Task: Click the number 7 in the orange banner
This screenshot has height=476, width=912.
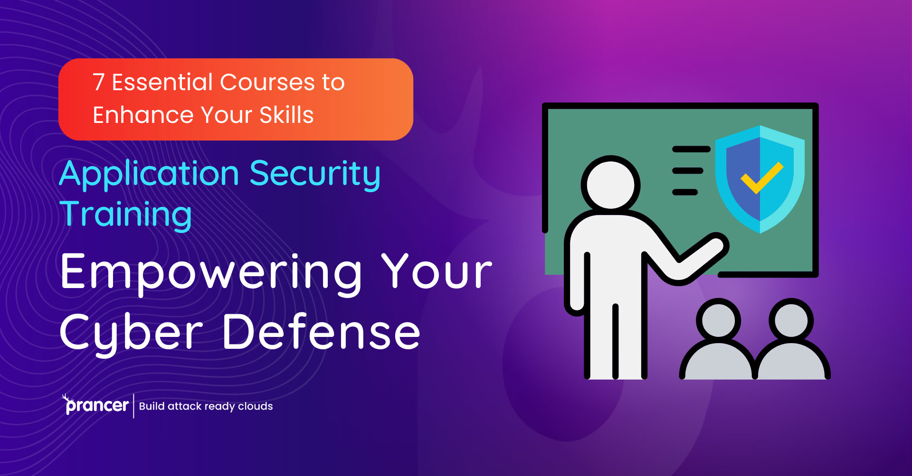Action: (x=98, y=83)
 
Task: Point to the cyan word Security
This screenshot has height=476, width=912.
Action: (x=315, y=175)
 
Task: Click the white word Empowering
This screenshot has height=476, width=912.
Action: (x=211, y=272)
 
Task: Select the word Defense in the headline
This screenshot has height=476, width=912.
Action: (x=321, y=332)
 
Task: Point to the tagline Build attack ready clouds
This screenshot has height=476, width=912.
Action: (x=206, y=406)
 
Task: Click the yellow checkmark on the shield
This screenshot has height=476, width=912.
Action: (x=762, y=177)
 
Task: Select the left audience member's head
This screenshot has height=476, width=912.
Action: (x=718, y=320)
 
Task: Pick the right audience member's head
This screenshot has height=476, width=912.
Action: (x=791, y=320)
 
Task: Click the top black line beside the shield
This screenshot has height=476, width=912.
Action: (x=691, y=149)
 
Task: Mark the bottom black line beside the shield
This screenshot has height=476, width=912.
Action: (x=685, y=192)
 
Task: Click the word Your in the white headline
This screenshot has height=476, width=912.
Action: (x=437, y=272)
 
